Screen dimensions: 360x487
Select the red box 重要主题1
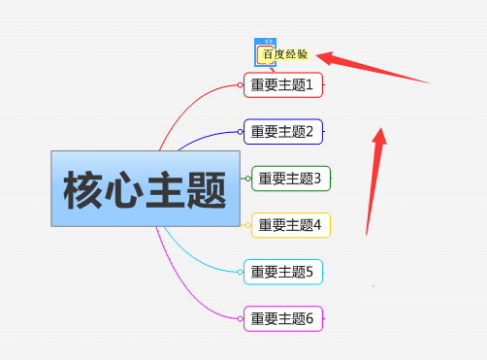[282, 85]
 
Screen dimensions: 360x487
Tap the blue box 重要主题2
[282, 131]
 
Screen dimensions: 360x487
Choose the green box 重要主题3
[291, 178]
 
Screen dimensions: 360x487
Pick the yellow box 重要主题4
[291, 225]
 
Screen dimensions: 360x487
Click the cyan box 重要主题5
[282, 272]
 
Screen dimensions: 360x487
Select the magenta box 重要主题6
[282, 317]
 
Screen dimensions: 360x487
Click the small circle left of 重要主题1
[241, 85]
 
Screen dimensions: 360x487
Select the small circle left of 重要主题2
[241, 131]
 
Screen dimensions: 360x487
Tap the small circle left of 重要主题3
[248, 178]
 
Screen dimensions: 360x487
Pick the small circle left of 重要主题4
[248, 225]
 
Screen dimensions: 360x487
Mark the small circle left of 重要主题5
[241, 272]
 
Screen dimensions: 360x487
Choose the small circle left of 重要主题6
[241, 317]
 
